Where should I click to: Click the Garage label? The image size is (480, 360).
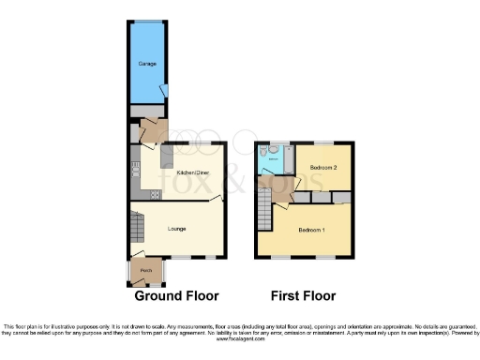(x=147, y=63)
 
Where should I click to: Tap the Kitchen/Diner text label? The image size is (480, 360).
(x=193, y=172)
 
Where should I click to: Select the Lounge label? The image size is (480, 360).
(x=176, y=229)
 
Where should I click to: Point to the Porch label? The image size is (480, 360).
(x=145, y=271)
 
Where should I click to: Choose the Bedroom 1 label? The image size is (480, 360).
(x=312, y=230)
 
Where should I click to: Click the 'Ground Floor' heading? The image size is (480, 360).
(x=177, y=296)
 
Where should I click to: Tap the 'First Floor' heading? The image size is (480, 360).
(x=303, y=296)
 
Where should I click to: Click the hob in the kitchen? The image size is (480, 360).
(x=156, y=194)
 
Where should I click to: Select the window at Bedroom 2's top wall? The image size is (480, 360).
(x=322, y=143)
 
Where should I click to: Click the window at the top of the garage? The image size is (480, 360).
(x=147, y=22)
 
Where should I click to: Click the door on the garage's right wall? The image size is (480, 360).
(x=164, y=91)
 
